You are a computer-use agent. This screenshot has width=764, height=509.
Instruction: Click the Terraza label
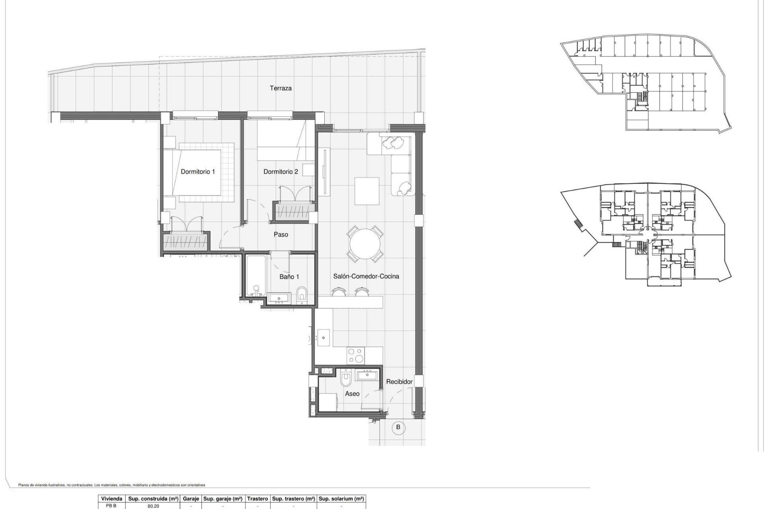281,88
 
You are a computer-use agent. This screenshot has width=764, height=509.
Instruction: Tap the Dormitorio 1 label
198,172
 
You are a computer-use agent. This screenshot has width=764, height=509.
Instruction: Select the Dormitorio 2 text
281,172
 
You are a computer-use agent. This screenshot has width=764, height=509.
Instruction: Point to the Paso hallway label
281,235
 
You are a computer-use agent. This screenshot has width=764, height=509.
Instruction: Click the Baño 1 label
289,277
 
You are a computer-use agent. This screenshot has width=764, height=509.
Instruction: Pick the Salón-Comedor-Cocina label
366,276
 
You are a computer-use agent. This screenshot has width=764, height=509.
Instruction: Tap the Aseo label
352,394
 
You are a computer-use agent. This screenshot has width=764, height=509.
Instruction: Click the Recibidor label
399,382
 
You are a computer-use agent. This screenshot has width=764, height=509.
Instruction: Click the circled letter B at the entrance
398,427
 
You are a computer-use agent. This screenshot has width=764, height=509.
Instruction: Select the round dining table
365,243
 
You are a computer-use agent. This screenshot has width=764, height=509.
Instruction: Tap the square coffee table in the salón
366,191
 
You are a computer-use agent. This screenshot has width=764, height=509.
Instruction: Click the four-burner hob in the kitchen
355,356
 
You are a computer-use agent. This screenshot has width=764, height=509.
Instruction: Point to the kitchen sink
324,338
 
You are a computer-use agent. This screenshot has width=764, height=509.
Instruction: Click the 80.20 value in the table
153,506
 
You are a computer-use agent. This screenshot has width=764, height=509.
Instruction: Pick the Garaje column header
191,499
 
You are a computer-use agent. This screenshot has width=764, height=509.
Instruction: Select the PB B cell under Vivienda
111,506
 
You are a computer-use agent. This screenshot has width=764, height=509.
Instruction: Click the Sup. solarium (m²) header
341,499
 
